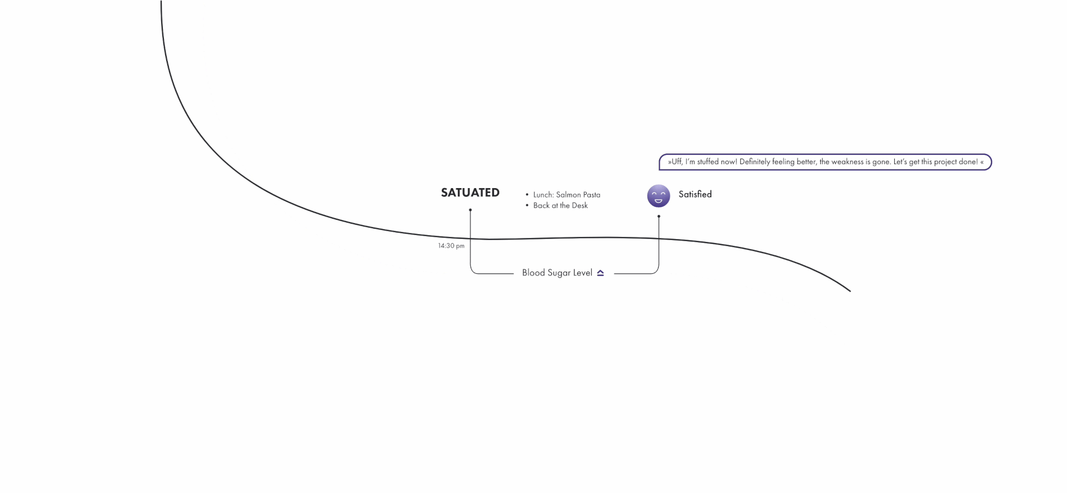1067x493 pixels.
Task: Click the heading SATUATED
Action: point(470,193)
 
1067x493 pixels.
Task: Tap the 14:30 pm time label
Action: point(451,246)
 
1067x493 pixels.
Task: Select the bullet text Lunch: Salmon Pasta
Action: point(566,195)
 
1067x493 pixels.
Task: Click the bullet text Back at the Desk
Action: point(560,205)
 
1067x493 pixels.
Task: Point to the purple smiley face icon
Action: point(659,196)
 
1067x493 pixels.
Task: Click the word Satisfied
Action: point(695,194)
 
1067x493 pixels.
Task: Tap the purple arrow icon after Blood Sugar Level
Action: point(600,273)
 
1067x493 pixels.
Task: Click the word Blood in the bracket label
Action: point(533,273)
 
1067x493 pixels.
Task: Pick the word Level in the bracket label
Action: point(582,273)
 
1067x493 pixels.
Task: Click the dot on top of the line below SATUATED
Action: point(470,210)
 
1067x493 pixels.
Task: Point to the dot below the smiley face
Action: point(659,216)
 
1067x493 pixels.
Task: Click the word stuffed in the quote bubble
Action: point(708,162)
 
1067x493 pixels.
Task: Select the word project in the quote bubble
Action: point(946,162)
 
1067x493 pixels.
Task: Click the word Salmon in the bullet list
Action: point(568,195)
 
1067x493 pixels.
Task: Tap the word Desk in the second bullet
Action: point(580,205)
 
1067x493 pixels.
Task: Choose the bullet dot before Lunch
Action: point(527,195)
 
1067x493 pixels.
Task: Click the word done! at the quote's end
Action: point(969,162)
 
